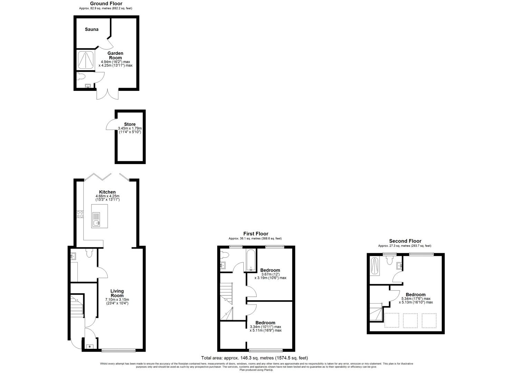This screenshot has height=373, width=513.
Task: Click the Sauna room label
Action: click(92, 29)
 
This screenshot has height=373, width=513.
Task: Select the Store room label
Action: click(130, 124)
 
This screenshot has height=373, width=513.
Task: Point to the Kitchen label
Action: click(107, 192)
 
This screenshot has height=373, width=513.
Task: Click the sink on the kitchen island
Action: click(96, 223)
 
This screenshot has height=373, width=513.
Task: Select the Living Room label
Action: click(117, 293)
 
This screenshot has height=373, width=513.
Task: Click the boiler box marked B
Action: click(90, 346)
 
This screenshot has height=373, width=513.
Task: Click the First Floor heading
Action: click(256, 234)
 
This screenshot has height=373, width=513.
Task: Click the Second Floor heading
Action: click(405, 241)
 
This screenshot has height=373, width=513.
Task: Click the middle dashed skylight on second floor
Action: click(410, 320)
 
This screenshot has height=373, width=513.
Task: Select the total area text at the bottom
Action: click(254, 358)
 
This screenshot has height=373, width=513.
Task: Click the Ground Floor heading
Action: click(106, 4)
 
